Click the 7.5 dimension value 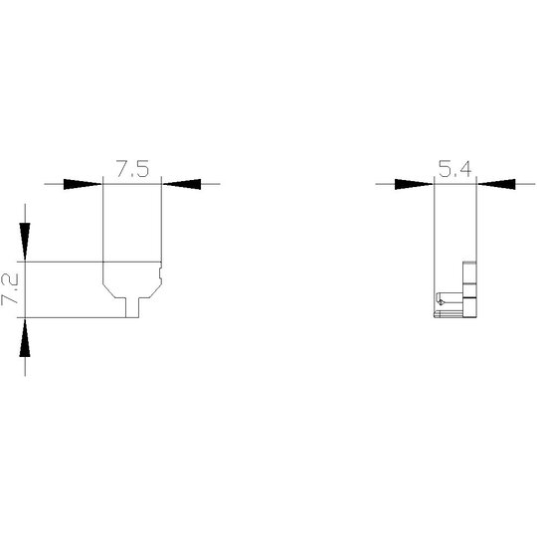point(133,168)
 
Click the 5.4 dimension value point(455,168)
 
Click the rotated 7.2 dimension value point(10,289)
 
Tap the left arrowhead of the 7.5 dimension point(83,184)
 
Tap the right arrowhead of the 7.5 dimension point(182,184)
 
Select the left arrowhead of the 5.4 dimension point(414,184)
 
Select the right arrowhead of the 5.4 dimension point(496,184)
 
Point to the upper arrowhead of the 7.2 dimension point(25,242)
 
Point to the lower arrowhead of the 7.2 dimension point(25,338)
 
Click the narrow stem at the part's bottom point(132,307)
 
